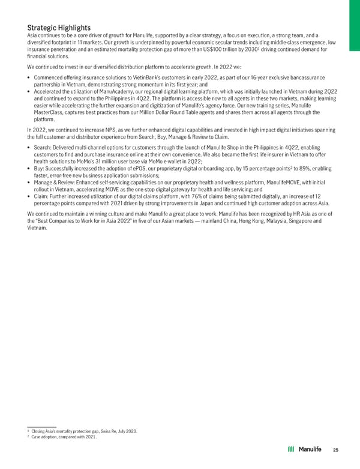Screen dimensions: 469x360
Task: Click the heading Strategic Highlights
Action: (x=59, y=28)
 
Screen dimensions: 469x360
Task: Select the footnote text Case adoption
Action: (x=47, y=437)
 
